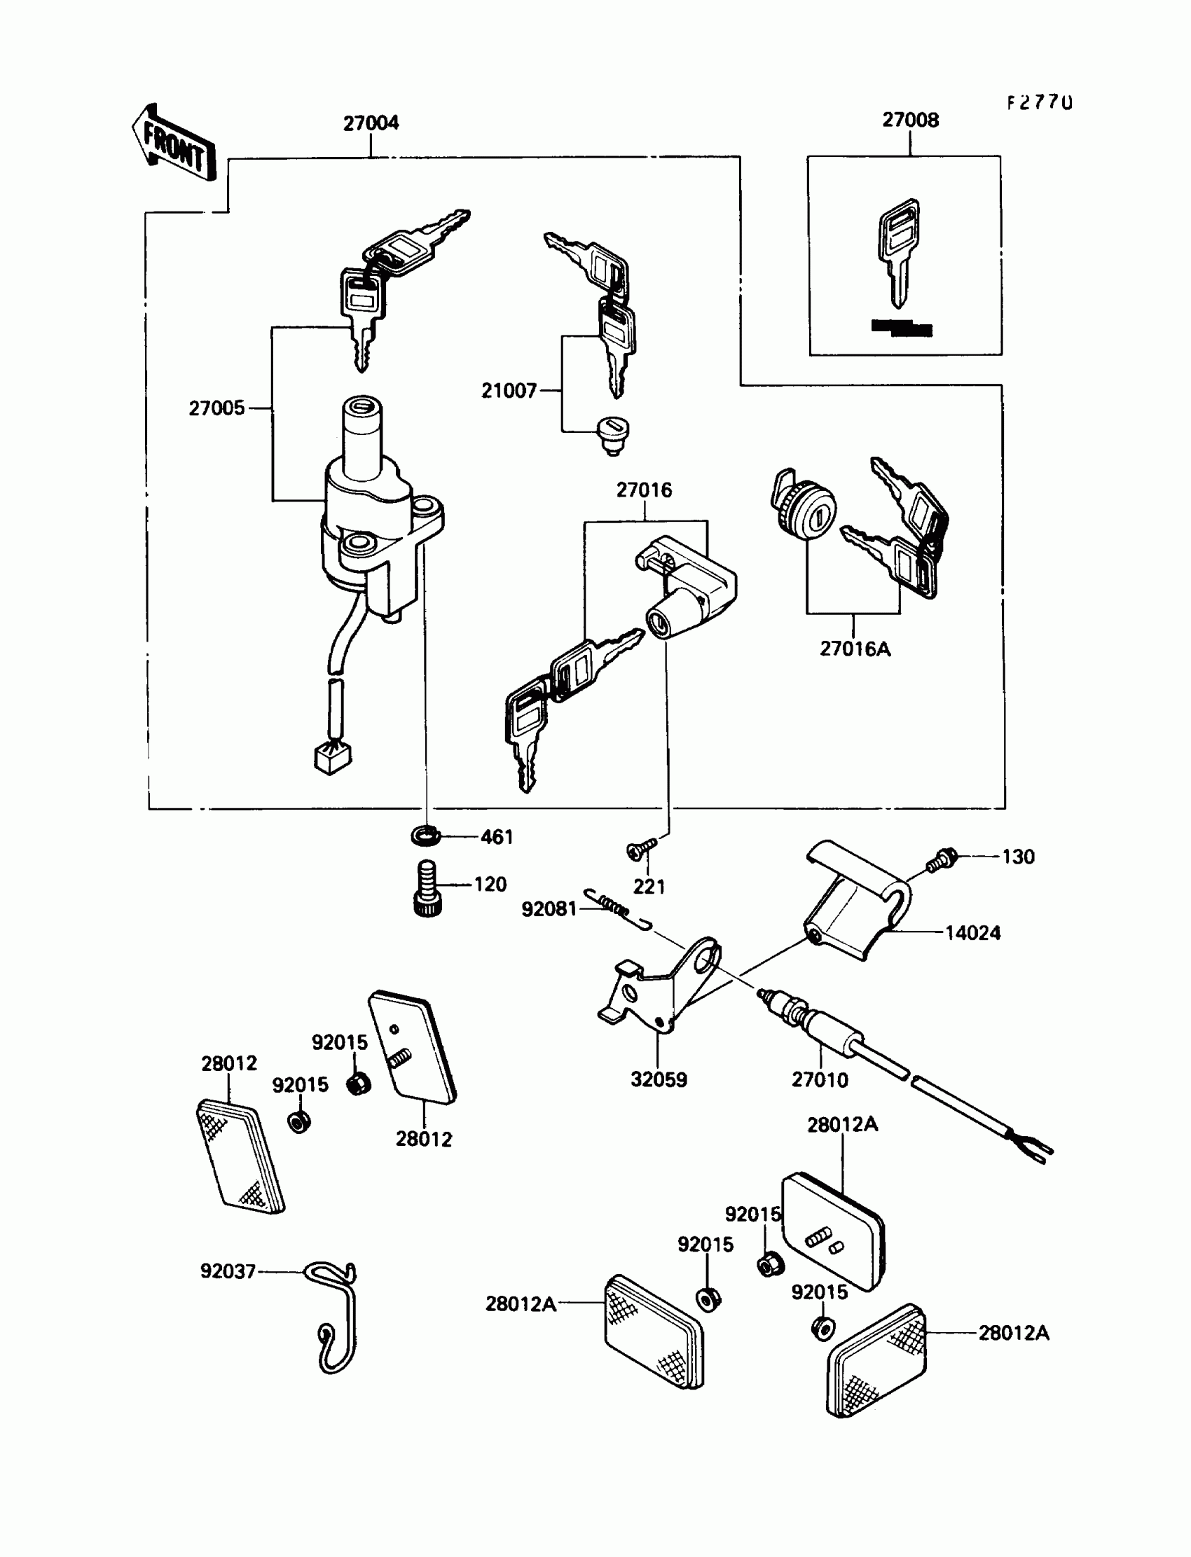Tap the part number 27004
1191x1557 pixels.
point(371,123)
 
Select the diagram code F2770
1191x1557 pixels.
point(1039,103)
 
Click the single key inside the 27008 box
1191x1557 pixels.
point(899,251)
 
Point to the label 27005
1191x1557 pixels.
point(216,408)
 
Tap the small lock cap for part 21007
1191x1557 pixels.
point(614,434)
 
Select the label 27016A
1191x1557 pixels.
point(855,649)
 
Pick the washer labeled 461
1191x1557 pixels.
point(425,836)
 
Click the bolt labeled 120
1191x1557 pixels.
point(426,888)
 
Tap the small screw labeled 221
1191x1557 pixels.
point(640,849)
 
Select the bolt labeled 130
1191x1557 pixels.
point(942,859)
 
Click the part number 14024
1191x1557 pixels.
point(972,934)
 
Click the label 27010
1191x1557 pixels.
point(820,1080)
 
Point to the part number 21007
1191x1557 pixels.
point(509,391)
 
